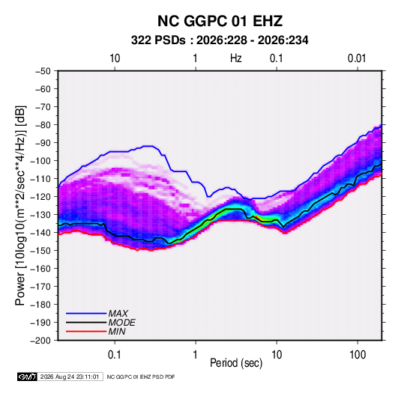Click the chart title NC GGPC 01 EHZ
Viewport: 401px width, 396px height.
point(220,21)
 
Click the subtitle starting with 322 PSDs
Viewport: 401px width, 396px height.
point(220,40)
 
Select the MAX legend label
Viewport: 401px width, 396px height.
point(118,314)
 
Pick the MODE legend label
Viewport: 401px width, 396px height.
point(121,323)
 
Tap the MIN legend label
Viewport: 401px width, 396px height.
point(117,332)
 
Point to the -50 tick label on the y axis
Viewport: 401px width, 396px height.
point(43,71)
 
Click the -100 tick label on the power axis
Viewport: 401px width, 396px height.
point(40,161)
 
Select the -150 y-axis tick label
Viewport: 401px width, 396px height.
point(40,251)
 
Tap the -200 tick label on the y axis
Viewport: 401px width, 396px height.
point(40,341)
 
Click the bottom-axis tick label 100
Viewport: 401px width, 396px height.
point(358,355)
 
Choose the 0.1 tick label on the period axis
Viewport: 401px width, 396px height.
point(115,355)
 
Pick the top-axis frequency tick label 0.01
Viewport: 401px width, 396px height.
point(357,58)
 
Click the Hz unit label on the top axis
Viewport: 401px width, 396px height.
point(236,58)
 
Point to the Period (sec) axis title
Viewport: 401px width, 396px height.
point(236,363)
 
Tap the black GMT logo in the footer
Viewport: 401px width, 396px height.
point(28,377)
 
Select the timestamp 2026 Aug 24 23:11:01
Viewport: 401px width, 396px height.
point(70,377)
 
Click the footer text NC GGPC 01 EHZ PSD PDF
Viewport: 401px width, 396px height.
point(141,377)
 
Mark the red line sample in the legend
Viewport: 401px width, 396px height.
point(86,332)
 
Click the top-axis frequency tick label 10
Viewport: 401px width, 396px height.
point(115,58)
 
